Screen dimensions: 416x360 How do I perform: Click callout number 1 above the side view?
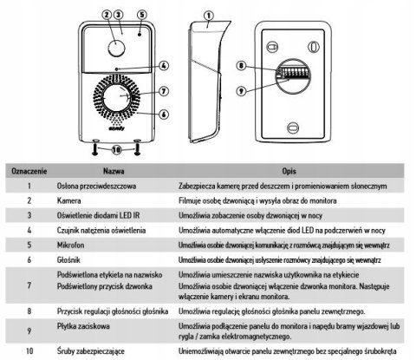click(209, 16)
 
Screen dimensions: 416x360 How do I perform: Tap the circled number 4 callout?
click(164, 66)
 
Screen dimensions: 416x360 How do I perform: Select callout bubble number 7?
click(164, 91)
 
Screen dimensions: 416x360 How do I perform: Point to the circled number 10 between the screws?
click(116, 150)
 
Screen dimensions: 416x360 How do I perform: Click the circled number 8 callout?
click(241, 65)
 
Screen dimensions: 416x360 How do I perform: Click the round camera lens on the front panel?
click(116, 49)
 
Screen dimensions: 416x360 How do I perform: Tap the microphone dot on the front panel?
click(140, 35)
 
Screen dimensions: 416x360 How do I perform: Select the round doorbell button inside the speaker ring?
click(118, 97)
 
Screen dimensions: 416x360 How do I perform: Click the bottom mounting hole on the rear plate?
click(293, 128)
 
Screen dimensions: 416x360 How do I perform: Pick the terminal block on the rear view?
click(292, 72)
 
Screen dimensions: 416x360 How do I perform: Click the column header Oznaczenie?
click(29, 171)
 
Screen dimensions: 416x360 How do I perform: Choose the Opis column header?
click(289, 171)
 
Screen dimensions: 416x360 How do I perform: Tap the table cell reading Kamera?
click(68, 200)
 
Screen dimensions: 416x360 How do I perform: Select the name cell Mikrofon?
click(70, 245)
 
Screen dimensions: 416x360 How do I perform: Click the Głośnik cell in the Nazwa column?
click(68, 260)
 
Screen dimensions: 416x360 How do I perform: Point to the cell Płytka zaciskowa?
click(83, 326)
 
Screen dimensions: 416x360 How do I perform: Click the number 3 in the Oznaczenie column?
click(29, 215)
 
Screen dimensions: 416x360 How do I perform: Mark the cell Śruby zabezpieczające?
click(91, 351)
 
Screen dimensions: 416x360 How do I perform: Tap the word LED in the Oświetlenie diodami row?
click(126, 215)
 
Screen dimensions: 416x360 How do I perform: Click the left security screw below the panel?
click(95, 147)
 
